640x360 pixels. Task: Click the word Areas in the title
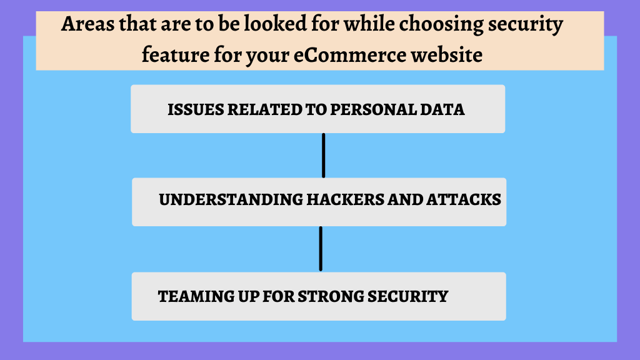coord(87,24)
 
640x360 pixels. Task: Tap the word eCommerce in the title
coord(350,55)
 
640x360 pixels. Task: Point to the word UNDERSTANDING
coord(231,199)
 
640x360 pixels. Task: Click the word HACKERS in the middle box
coord(345,199)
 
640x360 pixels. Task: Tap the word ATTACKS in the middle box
coord(464,199)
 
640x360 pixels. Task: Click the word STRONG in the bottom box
coord(331,296)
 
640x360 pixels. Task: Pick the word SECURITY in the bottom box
coord(407,296)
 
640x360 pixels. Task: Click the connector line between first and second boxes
coord(324,156)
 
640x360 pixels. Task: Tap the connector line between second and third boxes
coord(321,249)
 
